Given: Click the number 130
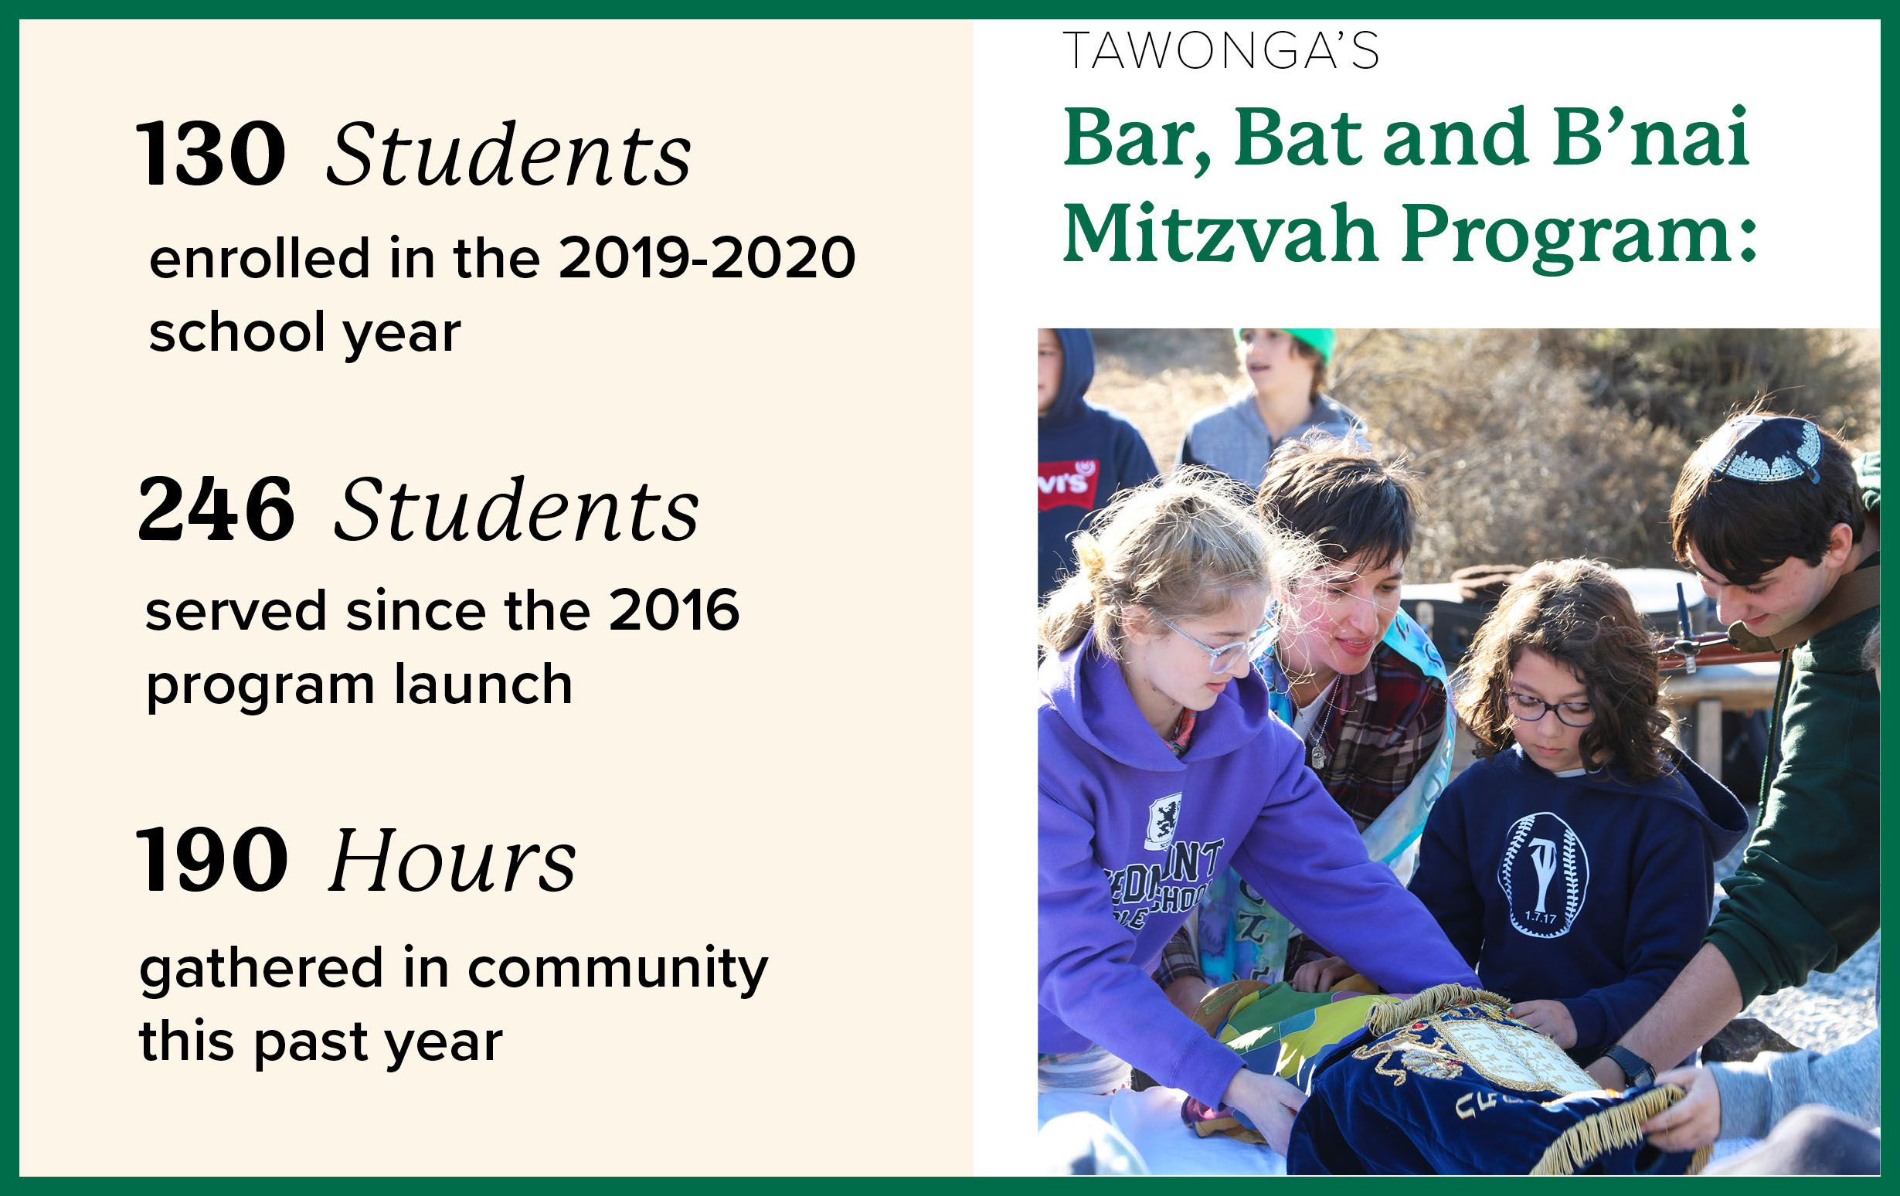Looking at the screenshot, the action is pyautogui.click(x=212, y=154).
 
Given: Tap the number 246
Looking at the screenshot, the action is pyautogui.click(x=216, y=509).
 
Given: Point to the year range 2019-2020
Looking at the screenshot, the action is pyautogui.click(x=707, y=258).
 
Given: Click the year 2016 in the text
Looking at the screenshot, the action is pyautogui.click(x=675, y=610).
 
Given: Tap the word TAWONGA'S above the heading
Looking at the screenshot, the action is pyautogui.click(x=1221, y=50).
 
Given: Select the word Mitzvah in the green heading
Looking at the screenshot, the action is pyautogui.click(x=1222, y=233).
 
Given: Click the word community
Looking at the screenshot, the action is pyautogui.click(x=618, y=970).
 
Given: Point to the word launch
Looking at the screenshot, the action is pyautogui.click(x=484, y=684).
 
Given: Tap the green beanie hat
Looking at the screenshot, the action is pyautogui.click(x=1294, y=343).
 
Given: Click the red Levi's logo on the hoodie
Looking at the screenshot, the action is pyautogui.click(x=1066, y=482).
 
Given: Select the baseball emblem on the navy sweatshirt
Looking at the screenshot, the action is pyautogui.click(x=1542, y=875).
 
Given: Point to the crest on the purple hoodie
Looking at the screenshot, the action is pyautogui.click(x=1164, y=821).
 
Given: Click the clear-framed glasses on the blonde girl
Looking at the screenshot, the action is pyautogui.click(x=1215, y=643).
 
